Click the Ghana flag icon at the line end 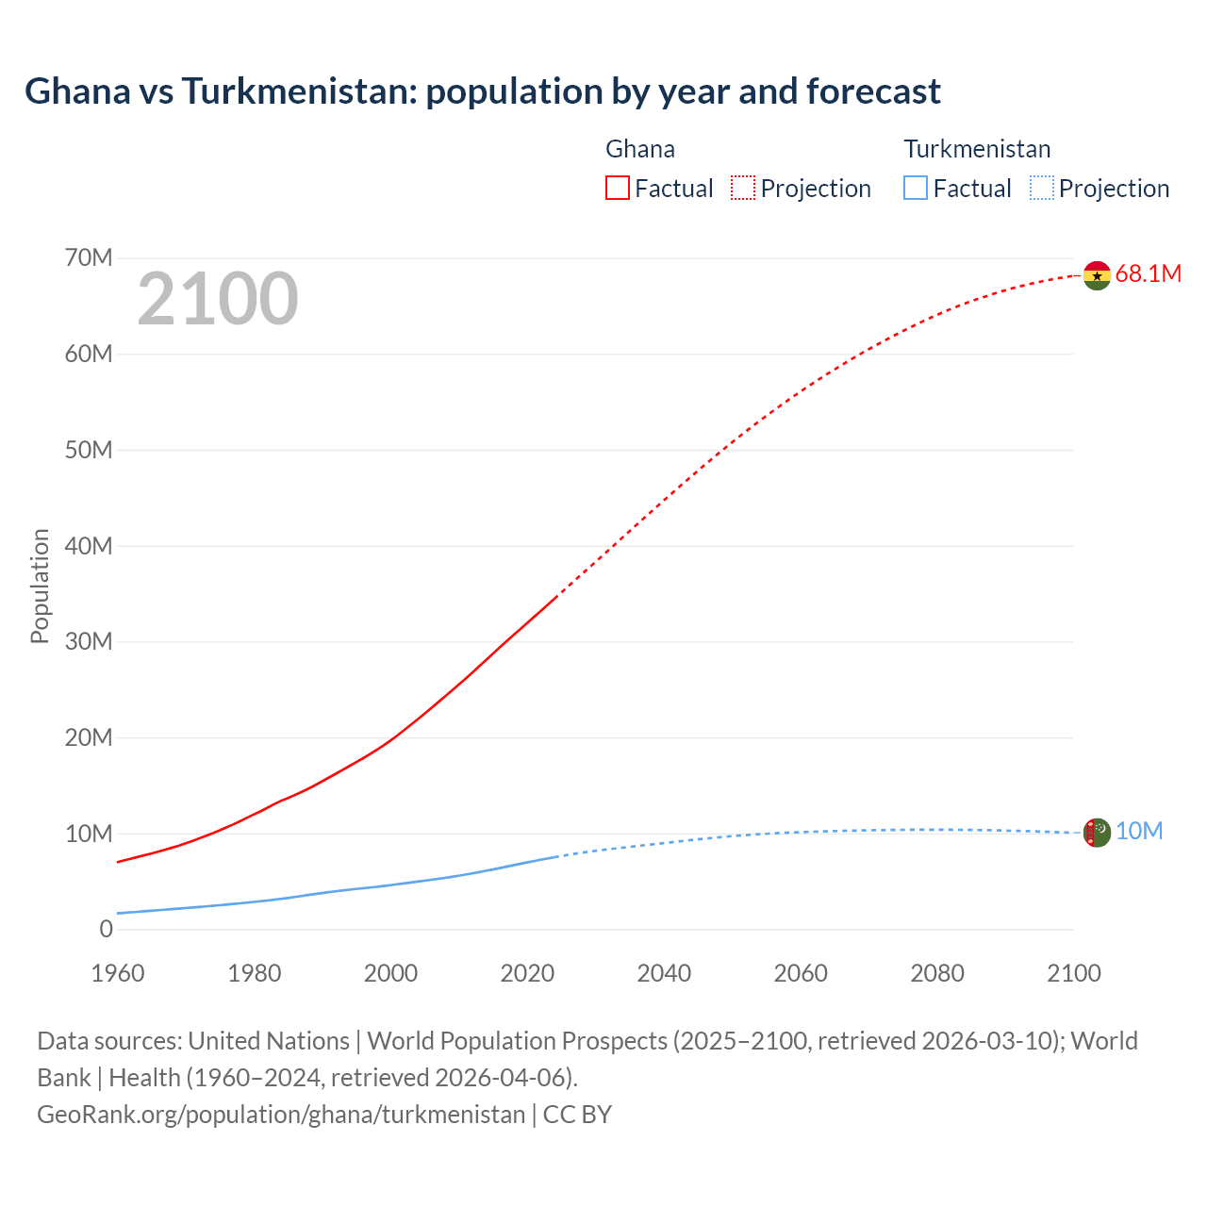tap(1097, 275)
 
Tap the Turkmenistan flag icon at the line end tap(1097, 833)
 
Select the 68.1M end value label tap(1148, 274)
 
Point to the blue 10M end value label tap(1139, 831)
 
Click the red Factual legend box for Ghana tap(617, 188)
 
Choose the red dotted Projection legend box tap(743, 188)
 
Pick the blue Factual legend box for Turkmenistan tap(916, 188)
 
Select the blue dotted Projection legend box tap(1041, 188)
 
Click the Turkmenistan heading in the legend tap(977, 149)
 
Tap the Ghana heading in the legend tap(640, 149)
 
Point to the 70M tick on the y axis tap(89, 257)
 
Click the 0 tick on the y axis tap(106, 929)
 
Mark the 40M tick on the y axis tap(89, 546)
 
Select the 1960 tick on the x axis tap(118, 973)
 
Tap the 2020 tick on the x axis tap(527, 973)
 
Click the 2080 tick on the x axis tap(937, 973)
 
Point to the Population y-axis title tap(40, 586)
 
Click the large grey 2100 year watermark tap(218, 299)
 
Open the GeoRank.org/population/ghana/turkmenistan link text tap(281, 1115)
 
